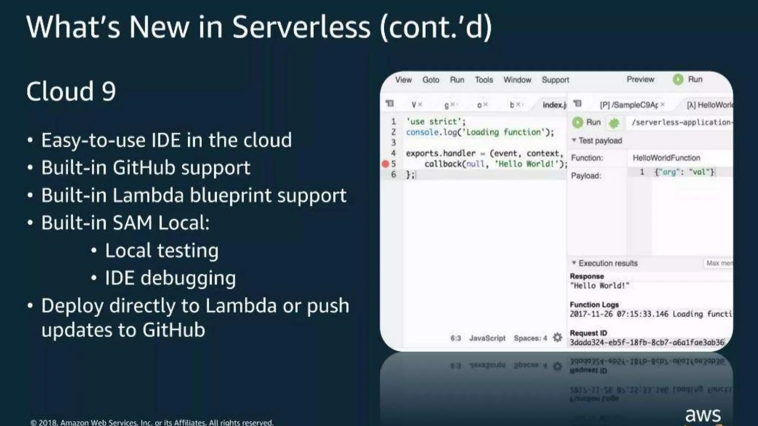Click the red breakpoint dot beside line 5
[x=385, y=164]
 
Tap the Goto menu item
[x=431, y=80]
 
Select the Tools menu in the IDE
[x=484, y=80]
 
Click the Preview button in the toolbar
[x=640, y=80]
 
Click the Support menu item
[x=555, y=80]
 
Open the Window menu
[x=517, y=80]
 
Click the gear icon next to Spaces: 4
[x=557, y=338]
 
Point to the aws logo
[x=703, y=415]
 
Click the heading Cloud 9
[x=71, y=91]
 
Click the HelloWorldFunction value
[x=666, y=158]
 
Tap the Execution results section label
[x=608, y=263]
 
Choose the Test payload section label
[x=600, y=141]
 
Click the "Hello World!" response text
[x=599, y=286]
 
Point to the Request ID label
[x=588, y=333]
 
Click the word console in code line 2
[x=422, y=132]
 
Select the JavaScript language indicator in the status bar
[x=487, y=338]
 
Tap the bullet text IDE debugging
[x=170, y=278]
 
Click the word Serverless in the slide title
[x=301, y=27]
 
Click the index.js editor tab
[x=554, y=105]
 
